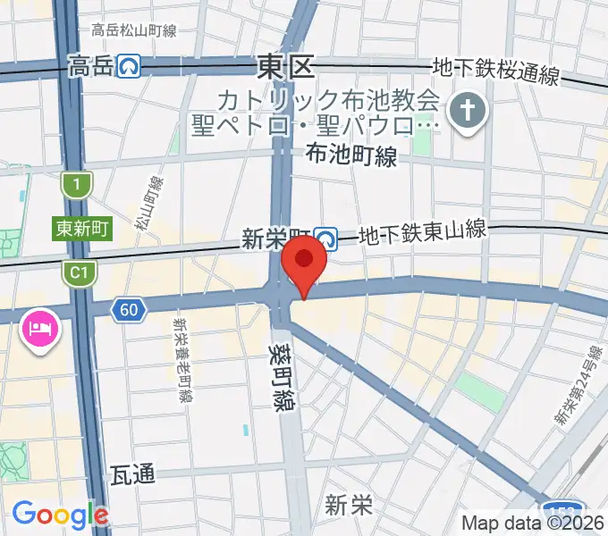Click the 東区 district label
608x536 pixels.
[x=286, y=65]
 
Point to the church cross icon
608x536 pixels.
[x=467, y=111]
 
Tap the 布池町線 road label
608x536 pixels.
[x=350, y=155]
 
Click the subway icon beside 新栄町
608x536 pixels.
[x=327, y=239]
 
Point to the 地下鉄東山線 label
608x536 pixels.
[x=422, y=232]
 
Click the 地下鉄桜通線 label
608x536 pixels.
[x=495, y=71]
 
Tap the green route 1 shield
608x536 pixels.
[x=78, y=185]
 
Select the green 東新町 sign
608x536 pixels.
[x=81, y=229]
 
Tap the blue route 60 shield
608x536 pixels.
[x=129, y=310]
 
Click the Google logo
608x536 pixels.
[x=60, y=514]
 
